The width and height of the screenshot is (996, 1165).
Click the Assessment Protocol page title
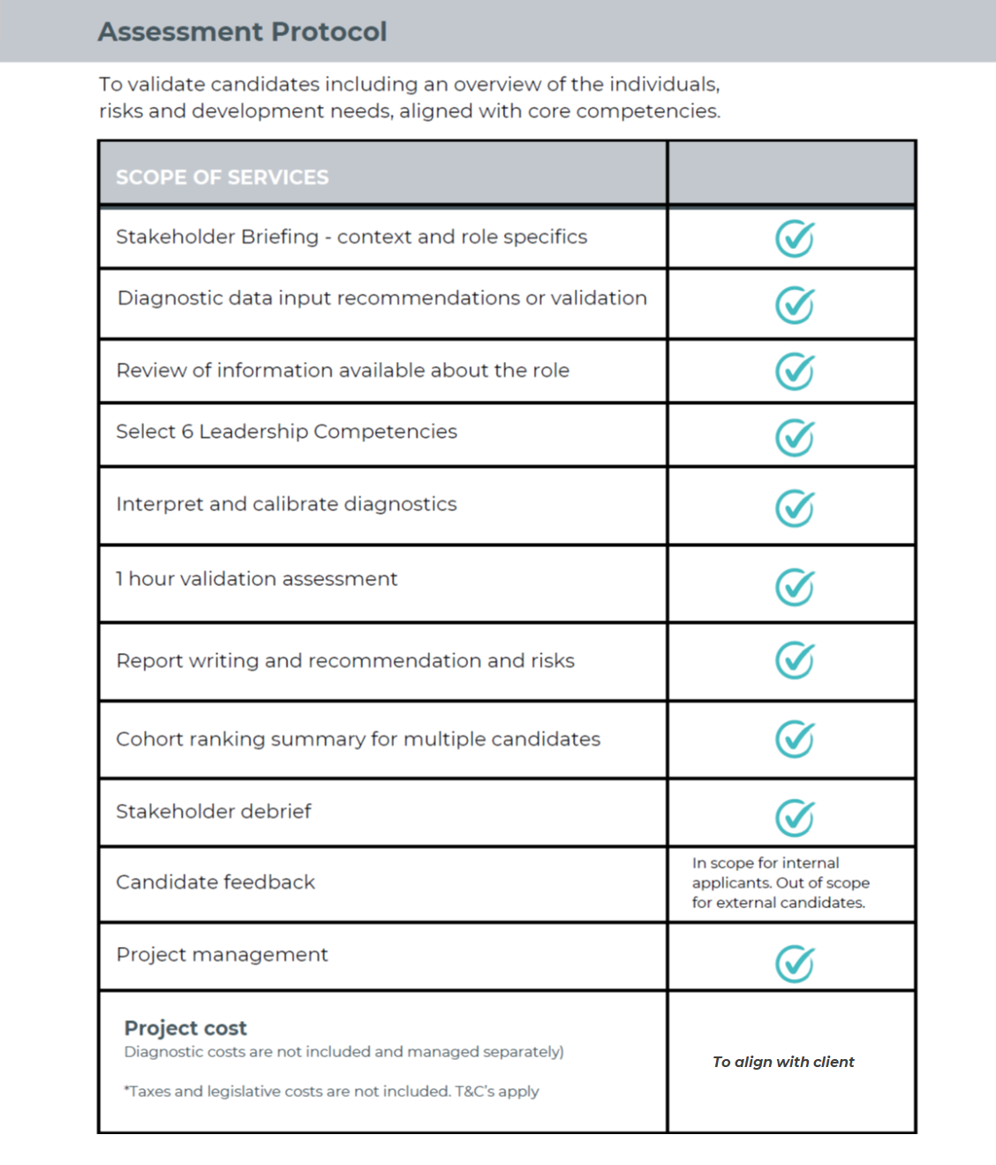coord(242,32)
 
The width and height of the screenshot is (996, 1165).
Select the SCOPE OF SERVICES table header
coord(222,177)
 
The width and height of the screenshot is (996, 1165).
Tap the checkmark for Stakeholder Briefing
coord(795,238)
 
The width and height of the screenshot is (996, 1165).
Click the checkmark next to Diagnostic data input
coord(795,305)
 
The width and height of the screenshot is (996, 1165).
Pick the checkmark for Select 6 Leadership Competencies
coord(795,438)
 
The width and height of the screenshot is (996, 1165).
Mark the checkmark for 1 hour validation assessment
coord(795,587)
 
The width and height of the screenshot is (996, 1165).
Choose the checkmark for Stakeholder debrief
coord(795,817)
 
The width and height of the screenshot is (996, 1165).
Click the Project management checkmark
coord(795,964)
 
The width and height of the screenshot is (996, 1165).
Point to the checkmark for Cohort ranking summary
coord(795,740)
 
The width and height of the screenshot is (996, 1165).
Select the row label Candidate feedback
coord(215,883)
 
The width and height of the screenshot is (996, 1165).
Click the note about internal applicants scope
coord(780,883)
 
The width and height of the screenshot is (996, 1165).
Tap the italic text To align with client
coord(783,1062)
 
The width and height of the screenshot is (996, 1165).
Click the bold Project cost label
coord(185,1028)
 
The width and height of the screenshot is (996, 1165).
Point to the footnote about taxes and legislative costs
coord(331,1092)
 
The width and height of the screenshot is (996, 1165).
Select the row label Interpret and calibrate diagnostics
coord(286,504)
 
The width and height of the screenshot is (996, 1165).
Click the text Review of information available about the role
coord(343,371)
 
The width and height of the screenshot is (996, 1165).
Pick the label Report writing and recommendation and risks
coord(345,661)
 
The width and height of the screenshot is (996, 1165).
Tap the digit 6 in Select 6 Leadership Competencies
coord(187,432)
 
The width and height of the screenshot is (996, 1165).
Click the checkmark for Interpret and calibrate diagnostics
coord(795,508)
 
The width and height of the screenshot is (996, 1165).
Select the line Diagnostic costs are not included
coord(343,1052)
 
